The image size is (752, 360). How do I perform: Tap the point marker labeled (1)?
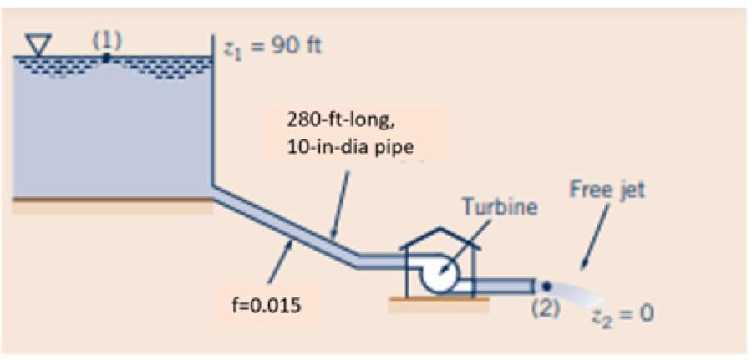106,58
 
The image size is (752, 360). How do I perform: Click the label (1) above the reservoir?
106,41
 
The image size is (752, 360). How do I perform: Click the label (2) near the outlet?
545,307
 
